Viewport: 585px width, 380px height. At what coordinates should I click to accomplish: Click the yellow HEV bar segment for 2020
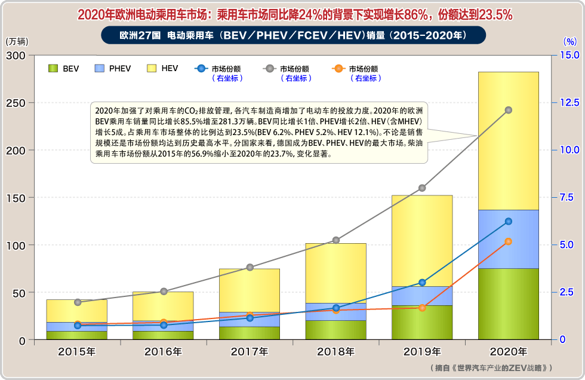coord(509,179)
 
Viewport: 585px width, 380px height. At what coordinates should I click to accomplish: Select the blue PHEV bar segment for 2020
coord(509,239)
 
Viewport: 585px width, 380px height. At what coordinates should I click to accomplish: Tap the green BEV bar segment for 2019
coord(422,323)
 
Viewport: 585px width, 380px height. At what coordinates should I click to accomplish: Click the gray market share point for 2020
coord(509,110)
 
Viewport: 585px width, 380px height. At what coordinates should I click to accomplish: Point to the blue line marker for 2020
coord(509,221)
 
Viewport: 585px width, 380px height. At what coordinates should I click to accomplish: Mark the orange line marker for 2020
coord(509,241)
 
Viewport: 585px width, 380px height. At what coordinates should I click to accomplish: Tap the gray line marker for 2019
coord(422,188)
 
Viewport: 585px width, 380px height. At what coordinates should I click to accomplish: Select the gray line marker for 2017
coord(250,267)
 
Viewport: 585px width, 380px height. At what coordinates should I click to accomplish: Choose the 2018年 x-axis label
coord(335,351)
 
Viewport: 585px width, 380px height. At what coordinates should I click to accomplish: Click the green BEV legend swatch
coord(53,69)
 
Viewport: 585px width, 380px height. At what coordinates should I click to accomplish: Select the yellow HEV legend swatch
coord(151,69)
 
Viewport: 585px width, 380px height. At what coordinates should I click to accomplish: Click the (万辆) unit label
coord(16,42)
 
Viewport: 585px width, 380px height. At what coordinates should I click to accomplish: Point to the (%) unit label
coord(570,42)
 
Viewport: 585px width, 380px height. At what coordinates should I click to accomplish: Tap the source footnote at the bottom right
coord(491,368)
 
